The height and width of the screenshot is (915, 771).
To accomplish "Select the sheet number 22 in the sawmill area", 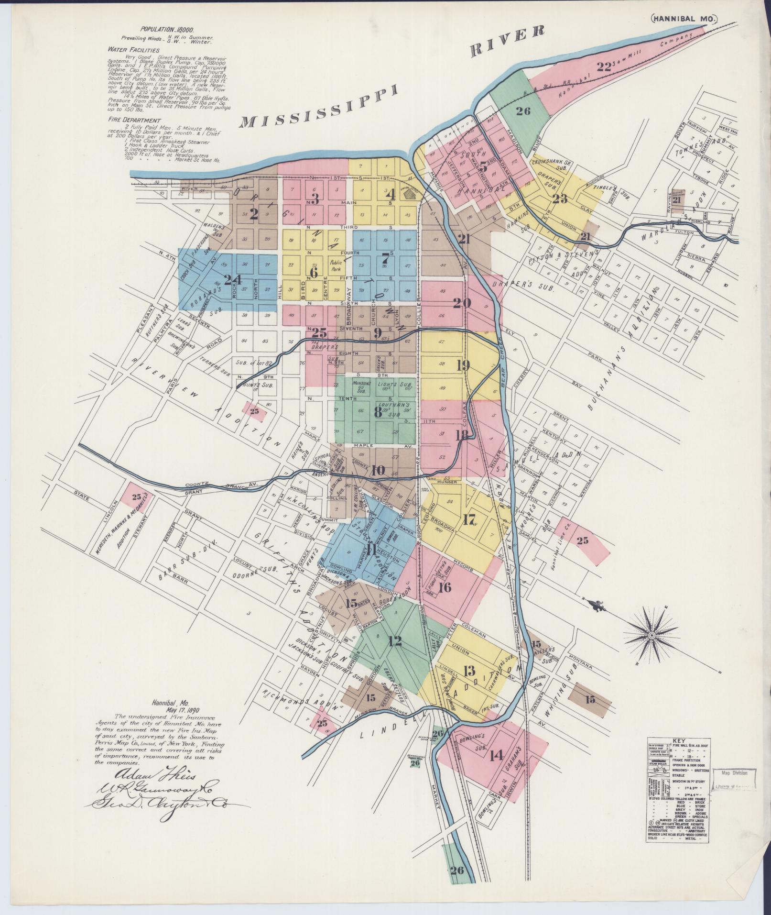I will (x=604, y=66).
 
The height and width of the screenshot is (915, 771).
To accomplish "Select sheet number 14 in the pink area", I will (x=497, y=769).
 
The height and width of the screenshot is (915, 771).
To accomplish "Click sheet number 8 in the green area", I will (x=378, y=412).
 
